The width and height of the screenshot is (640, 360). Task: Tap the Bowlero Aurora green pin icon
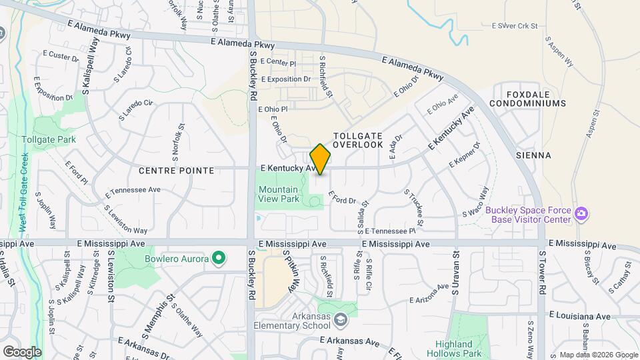tap(218, 258)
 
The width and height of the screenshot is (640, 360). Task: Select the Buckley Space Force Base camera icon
tap(582, 213)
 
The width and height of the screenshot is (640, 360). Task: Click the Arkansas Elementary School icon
tap(341, 321)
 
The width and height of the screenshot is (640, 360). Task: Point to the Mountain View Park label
tap(279, 194)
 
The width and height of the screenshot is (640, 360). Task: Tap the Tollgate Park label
tap(48, 139)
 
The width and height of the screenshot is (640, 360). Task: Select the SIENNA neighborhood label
tap(533, 155)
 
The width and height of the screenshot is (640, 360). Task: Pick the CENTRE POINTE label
tap(176, 171)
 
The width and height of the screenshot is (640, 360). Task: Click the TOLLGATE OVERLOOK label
tap(358, 139)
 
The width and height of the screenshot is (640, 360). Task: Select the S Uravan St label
tap(456, 273)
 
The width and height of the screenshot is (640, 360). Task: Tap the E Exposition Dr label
tap(286, 79)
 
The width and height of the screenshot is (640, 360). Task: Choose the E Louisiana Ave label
tap(580, 315)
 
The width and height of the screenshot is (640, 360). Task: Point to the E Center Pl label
tap(278, 62)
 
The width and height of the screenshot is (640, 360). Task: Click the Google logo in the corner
tap(22, 351)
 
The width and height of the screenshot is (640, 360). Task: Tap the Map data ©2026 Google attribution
tap(598, 355)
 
